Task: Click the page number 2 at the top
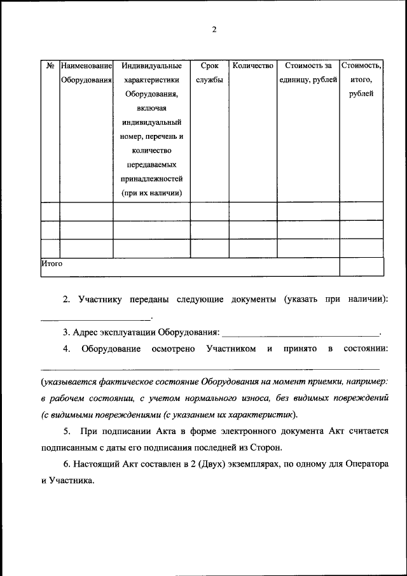214,29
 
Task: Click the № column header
50,66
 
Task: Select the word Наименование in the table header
86,66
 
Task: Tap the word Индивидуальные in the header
151,66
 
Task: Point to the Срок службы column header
209,73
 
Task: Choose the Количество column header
252,66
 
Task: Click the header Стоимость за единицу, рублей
308,73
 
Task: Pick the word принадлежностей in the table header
151,179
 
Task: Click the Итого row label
52,262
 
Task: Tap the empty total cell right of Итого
361,266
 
